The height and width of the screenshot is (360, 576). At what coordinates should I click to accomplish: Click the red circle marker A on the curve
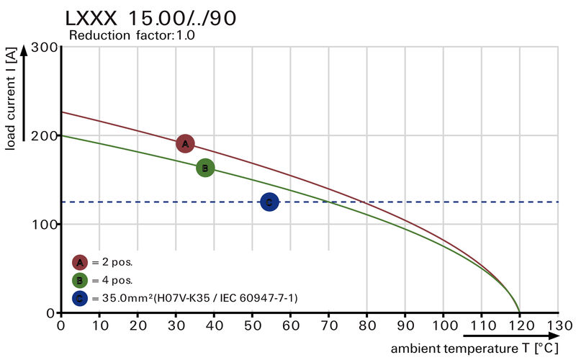pyautogui.click(x=186, y=143)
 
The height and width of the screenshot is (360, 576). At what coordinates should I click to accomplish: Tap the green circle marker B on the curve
pyautogui.click(x=205, y=168)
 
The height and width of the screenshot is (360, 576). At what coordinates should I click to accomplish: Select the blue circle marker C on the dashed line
pyautogui.click(x=269, y=202)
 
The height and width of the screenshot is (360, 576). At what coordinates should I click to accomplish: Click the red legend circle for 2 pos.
pyautogui.click(x=80, y=262)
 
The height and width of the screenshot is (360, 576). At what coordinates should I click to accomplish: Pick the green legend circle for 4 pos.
pyautogui.click(x=80, y=280)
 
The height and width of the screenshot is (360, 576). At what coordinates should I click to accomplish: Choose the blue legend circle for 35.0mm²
pyautogui.click(x=80, y=297)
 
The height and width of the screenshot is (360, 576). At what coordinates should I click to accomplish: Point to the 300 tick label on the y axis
pyautogui.click(x=45, y=48)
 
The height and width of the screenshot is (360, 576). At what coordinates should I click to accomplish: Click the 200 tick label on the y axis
pyautogui.click(x=45, y=136)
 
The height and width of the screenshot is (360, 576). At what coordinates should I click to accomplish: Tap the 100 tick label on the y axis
pyautogui.click(x=45, y=225)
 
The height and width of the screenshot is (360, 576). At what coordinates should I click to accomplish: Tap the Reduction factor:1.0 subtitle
pyautogui.click(x=132, y=35)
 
